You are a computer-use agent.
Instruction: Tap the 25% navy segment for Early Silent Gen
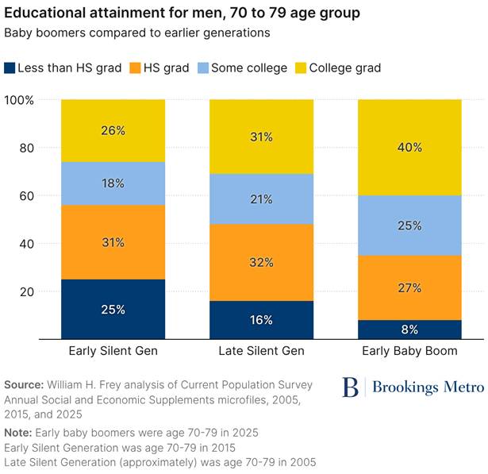point(113,309)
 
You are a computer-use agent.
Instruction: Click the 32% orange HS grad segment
point(262,262)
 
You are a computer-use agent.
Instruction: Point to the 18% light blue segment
point(113,183)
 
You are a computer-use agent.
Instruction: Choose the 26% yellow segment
point(113,130)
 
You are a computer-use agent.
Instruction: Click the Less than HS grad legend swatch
point(10,68)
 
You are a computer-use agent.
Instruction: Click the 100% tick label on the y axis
point(19,100)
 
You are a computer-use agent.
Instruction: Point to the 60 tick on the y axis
point(26,195)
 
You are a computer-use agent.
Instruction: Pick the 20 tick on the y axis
point(26,291)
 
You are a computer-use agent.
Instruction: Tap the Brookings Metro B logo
point(350,387)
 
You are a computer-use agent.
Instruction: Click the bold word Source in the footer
point(25,385)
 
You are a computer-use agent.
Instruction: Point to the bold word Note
point(19,433)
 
